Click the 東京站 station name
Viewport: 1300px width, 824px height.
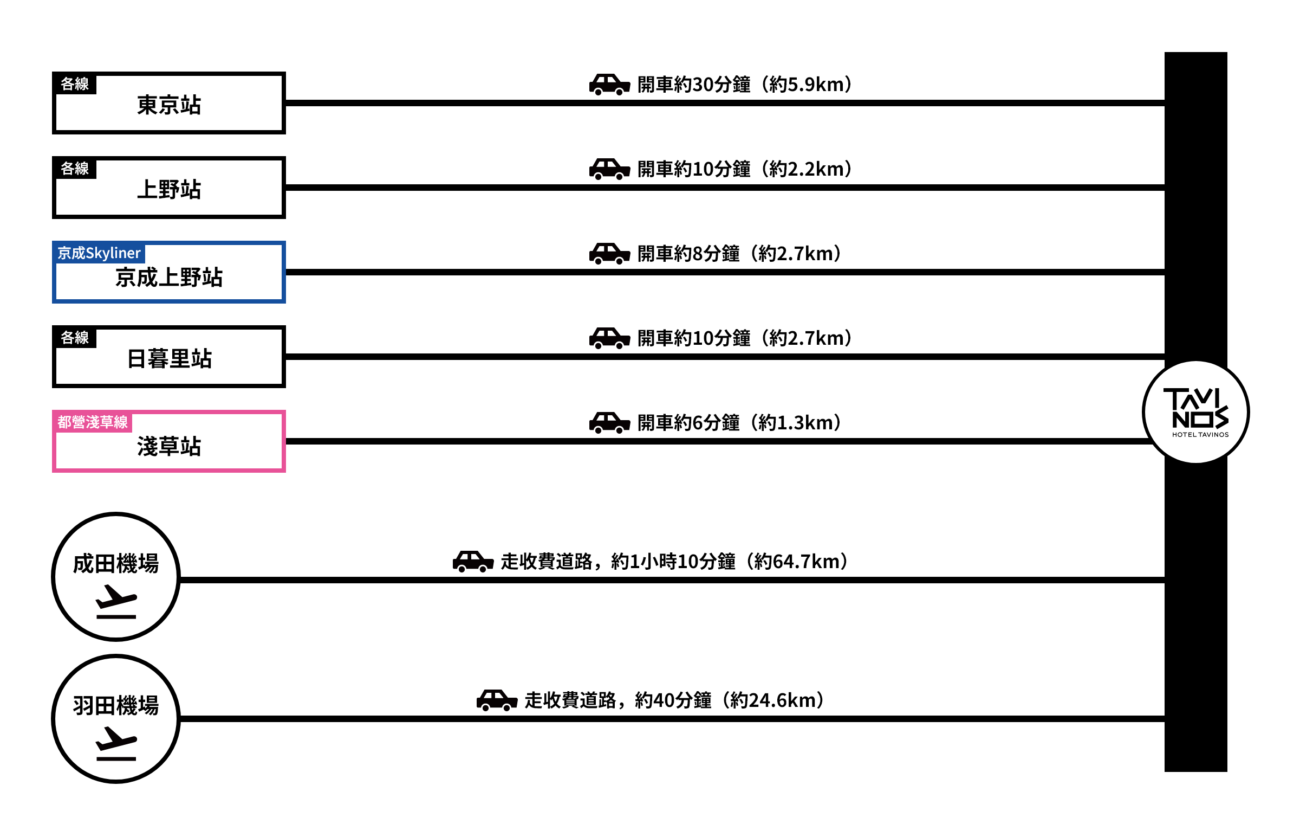(169, 105)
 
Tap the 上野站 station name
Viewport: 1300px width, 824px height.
(169, 190)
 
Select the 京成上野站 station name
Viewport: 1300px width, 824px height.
(169, 278)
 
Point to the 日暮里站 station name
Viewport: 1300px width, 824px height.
(169, 359)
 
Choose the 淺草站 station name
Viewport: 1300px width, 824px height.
(169, 447)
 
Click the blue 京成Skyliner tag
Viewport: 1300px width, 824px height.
(99, 253)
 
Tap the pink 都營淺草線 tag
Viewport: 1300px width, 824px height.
(93, 422)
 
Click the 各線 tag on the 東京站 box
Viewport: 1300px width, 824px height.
(75, 84)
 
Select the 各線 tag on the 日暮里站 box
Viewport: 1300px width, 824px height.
(75, 338)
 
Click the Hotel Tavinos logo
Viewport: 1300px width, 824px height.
(1195, 412)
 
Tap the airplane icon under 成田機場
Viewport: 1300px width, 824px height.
(116, 602)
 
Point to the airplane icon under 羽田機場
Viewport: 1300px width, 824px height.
(116, 744)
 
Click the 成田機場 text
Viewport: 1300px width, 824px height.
(116, 564)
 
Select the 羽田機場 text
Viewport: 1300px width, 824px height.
(116, 706)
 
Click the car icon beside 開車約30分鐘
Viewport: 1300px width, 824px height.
(609, 85)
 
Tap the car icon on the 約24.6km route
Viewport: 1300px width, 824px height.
(497, 700)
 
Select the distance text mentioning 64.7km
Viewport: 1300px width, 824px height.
(674, 562)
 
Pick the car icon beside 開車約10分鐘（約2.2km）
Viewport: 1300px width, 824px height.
(609, 169)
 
